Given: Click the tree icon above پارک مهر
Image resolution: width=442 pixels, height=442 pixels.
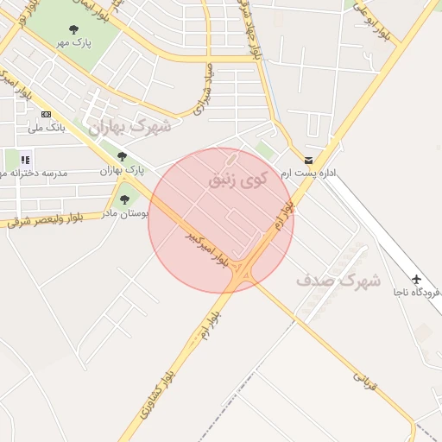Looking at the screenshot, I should point(73,29).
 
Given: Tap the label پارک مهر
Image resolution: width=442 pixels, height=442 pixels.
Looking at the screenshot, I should point(73,42).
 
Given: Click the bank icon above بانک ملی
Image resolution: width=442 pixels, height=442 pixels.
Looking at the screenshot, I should point(46,114).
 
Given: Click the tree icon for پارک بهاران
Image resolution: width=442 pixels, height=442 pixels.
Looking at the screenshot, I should point(122,156).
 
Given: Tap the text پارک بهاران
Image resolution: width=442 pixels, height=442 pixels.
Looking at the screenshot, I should point(120,170).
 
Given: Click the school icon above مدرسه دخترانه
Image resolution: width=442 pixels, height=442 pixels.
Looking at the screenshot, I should point(26,159).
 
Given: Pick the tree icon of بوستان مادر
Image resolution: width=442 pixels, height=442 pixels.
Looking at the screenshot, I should point(124,199).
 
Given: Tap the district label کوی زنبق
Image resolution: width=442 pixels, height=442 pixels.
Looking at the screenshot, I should point(238,179).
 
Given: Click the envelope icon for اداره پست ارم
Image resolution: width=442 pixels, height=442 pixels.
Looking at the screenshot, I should point(309,161).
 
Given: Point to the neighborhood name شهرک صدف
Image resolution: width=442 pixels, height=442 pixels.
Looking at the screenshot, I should point(338,281).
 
